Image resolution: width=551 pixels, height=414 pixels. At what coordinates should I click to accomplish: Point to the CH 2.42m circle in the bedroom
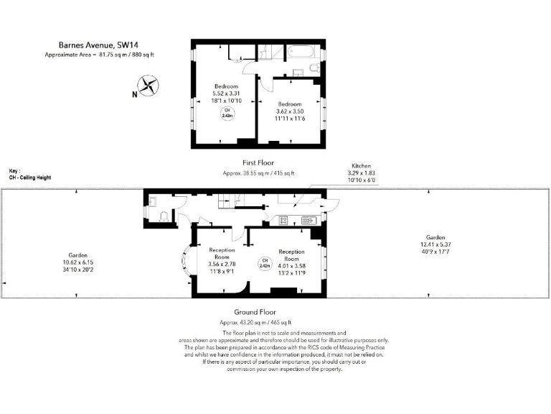(227, 113)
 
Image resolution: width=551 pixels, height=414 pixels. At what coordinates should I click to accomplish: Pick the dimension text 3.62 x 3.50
(291, 111)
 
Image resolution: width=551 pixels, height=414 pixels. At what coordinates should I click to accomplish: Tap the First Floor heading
(258, 163)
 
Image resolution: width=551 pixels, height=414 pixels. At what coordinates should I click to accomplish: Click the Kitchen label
(361, 165)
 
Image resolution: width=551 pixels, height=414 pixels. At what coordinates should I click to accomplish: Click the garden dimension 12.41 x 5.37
(435, 245)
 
